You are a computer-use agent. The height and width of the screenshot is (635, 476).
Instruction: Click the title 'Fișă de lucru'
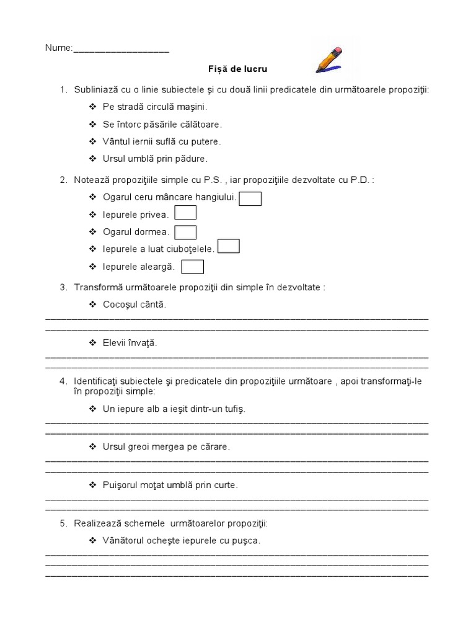coord(237,69)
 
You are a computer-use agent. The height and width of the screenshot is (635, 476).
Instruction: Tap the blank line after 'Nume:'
coord(121,49)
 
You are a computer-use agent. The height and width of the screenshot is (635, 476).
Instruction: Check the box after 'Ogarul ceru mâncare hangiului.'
coord(250,198)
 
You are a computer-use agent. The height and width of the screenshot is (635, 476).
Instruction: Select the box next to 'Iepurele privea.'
coord(185,213)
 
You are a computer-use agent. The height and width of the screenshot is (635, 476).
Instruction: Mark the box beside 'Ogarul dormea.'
coord(185,232)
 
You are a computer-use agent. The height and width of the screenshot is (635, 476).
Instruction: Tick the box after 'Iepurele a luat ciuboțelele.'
coord(229,247)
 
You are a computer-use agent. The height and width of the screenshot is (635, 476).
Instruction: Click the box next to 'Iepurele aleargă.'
coord(193,267)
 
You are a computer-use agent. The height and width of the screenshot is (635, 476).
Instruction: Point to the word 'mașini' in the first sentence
coord(193,107)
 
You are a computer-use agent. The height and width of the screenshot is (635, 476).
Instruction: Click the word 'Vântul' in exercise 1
coord(116,141)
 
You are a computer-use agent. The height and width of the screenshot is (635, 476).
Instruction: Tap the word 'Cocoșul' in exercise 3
coord(120,304)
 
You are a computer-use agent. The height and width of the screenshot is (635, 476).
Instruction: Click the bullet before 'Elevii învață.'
coord(92,343)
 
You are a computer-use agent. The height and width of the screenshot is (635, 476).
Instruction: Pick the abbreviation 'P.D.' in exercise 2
coord(359,180)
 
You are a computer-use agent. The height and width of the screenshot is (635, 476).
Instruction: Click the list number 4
coord(63,381)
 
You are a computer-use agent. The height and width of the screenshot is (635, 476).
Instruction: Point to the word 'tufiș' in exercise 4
coord(233,409)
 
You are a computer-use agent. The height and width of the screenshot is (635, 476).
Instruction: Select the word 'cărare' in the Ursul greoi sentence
coord(214,446)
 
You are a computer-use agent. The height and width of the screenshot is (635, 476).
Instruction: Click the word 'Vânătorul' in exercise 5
coord(125,541)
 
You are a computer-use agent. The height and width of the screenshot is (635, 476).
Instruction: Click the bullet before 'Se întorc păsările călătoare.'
coord(92,124)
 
